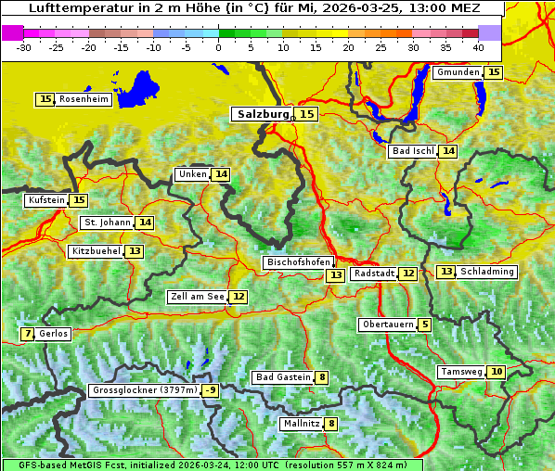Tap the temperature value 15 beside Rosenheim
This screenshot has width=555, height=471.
pos(45,99)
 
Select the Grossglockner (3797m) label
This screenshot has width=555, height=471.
pos(145,390)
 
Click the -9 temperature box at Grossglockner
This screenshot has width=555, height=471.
pos(211,390)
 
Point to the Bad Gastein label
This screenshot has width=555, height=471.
pos(283,377)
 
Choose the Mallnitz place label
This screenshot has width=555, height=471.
pos(301,424)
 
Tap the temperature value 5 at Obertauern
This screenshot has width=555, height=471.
pos(424,325)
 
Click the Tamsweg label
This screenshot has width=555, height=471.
pos(460,372)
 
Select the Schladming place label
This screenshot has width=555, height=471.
pos(487,272)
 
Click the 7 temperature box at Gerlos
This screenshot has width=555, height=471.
pos(28,334)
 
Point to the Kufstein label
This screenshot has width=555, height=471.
pos(46,200)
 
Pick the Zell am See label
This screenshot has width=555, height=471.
pos(197,297)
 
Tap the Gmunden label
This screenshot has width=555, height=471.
pos(458,72)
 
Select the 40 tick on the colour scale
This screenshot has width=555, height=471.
pos(477,46)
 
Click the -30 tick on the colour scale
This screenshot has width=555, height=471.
pos(24,46)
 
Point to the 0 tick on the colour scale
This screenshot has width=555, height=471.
pos(218,46)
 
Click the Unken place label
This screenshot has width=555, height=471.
pos(192,174)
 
